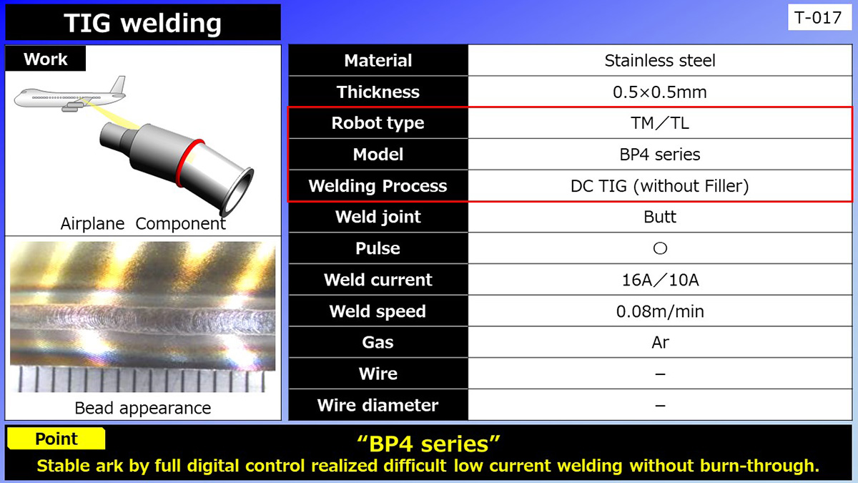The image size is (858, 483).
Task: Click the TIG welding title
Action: tap(142, 23)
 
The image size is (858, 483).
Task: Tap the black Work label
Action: tap(46, 59)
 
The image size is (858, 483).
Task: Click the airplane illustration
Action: tap(70, 94)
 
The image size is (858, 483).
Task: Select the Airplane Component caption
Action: tap(143, 223)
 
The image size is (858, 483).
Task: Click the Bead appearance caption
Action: tap(143, 408)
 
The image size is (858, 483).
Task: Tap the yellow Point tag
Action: tap(56, 439)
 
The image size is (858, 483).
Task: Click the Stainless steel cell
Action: tap(660, 60)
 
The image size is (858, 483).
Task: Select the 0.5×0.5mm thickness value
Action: tap(660, 92)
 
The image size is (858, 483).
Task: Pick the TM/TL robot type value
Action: tap(660, 123)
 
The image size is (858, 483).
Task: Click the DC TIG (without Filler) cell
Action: tap(660, 186)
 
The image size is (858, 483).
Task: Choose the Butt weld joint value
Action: tap(660, 217)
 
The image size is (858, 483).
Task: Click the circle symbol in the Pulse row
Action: tap(660, 248)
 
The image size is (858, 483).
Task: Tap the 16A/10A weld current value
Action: tap(660, 280)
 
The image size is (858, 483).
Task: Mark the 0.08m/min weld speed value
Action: tap(660, 311)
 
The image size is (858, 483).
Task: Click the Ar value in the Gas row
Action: tap(660, 342)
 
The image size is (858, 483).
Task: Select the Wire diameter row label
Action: tap(378, 405)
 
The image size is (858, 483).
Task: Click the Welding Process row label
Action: tap(378, 186)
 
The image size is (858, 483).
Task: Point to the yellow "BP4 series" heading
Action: tap(428, 444)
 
